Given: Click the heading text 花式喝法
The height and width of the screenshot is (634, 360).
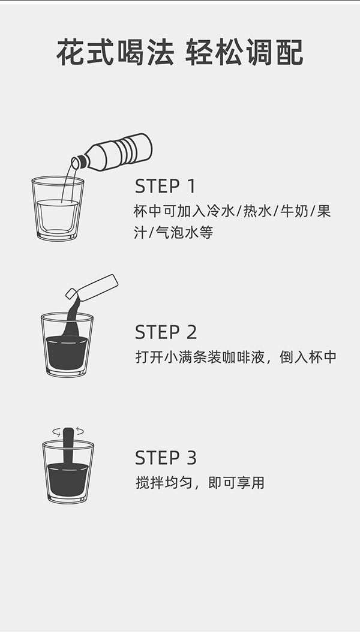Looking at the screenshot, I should [x=115, y=52].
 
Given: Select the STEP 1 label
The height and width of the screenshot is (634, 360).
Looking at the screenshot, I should [x=165, y=186].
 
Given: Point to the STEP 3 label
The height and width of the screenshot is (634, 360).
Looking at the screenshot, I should [x=166, y=458].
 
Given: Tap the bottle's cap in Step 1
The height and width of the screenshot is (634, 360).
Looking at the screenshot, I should [x=77, y=163].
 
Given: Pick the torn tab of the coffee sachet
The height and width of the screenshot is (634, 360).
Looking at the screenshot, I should [x=71, y=293].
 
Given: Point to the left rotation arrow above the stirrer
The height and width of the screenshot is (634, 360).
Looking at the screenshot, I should [x=56, y=430].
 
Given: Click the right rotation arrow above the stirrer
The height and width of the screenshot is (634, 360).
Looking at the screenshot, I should [x=80, y=430].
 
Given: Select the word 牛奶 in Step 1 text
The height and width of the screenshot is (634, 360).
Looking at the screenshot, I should [x=289, y=212].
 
